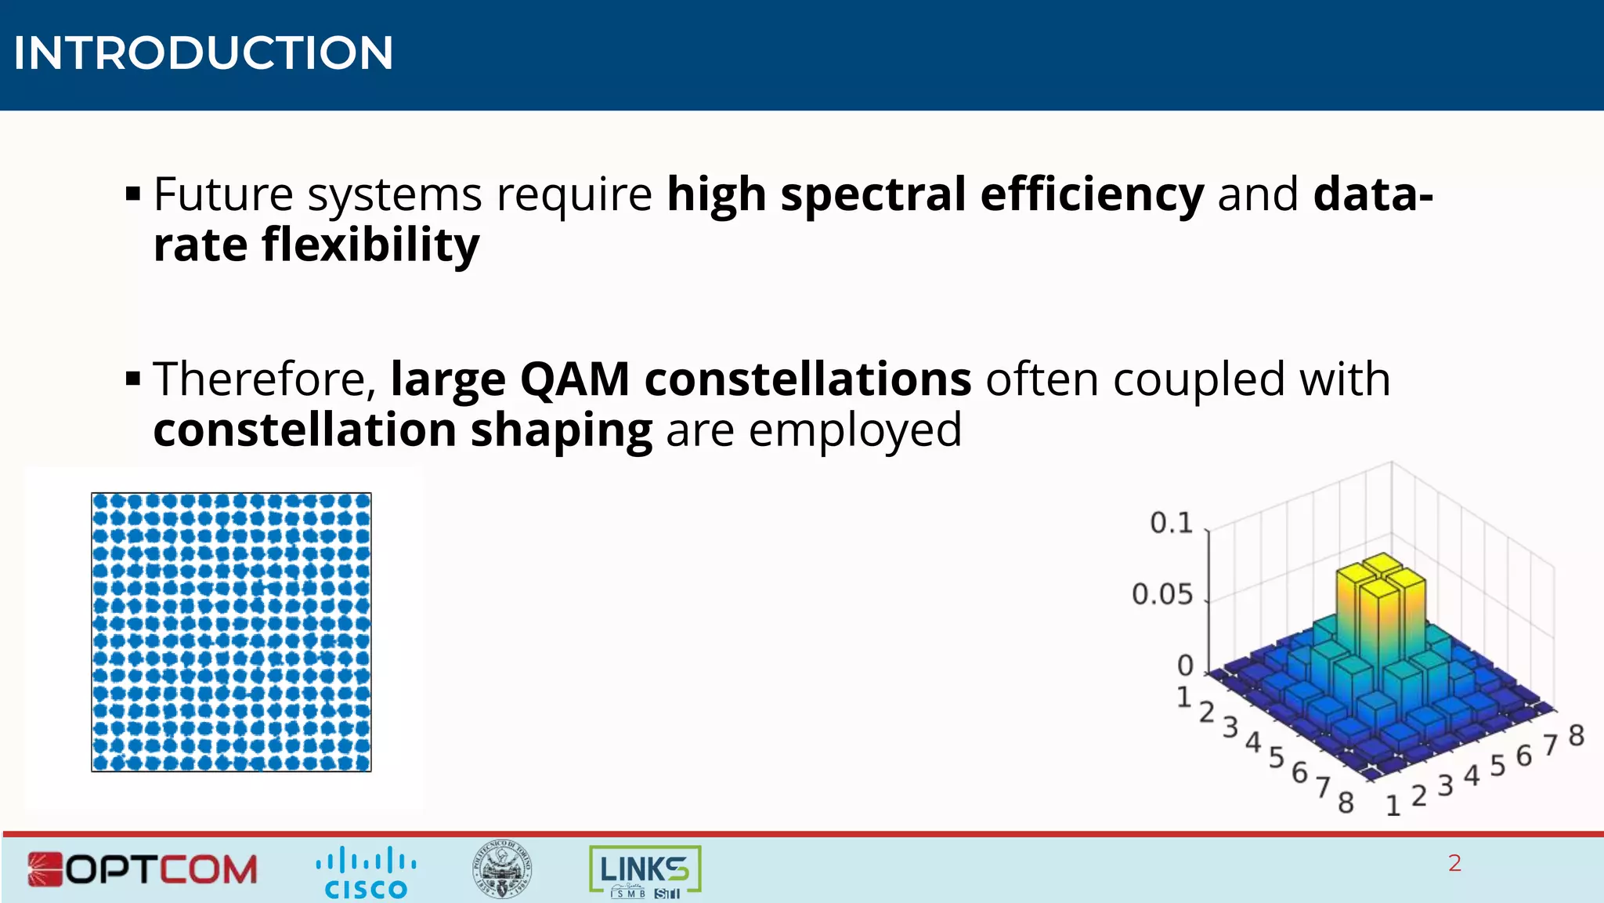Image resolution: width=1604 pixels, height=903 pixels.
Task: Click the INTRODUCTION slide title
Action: point(203,53)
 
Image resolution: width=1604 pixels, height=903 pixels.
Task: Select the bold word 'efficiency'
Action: point(1092,194)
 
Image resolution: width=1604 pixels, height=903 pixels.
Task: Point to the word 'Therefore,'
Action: point(265,379)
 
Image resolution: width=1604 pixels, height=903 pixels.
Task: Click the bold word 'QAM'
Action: point(575,379)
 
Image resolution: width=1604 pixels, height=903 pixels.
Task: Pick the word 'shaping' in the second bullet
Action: point(561,430)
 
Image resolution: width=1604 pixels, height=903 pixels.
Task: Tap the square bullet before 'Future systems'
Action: point(133,193)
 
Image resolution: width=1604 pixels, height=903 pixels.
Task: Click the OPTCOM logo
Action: point(143,869)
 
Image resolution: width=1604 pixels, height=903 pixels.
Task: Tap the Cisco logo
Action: point(366,872)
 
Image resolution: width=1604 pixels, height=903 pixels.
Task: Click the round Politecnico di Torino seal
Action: point(502,869)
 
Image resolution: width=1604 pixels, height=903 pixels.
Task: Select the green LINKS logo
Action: point(645,870)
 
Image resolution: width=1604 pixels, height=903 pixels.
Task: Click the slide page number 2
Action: point(1454,863)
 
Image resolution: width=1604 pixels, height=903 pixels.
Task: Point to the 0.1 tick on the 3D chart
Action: point(1170,523)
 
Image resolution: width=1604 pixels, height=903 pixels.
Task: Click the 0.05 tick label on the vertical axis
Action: point(1161,594)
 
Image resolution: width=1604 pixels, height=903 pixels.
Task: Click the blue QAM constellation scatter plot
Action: point(231,632)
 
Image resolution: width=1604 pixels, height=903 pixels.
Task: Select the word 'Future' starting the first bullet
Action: point(223,194)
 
